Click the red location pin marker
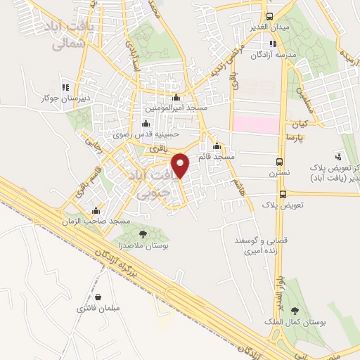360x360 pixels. point(181,165)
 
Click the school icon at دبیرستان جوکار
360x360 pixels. point(65,88)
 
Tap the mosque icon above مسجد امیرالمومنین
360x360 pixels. point(176,98)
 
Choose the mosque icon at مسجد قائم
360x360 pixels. point(217,147)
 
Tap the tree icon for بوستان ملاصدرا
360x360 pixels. point(143,234)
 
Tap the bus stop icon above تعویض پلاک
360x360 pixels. point(283,193)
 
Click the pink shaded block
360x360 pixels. point(256,124)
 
